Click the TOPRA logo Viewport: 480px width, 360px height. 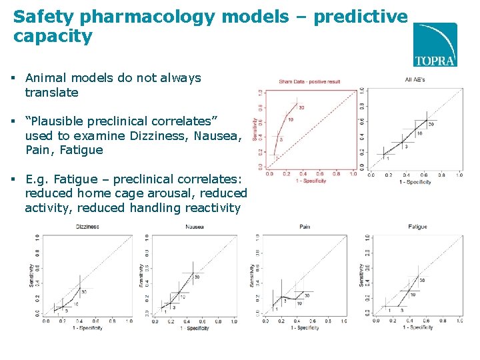(x=435, y=45)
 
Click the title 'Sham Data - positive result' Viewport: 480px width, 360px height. (x=309, y=81)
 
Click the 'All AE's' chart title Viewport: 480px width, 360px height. (x=415, y=80)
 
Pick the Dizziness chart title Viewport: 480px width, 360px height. (x=87, y=227)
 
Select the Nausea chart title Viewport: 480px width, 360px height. (x=195, y=227)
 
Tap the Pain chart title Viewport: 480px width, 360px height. (x=305, y=227)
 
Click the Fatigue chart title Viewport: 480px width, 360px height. (x=417, y=227)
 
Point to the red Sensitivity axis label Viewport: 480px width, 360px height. (x=255, y=128)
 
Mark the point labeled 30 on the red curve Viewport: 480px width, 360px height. (x=297, y=103)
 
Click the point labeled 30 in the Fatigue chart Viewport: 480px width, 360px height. (x=418, y=276)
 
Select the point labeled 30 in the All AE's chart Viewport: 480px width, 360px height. (x=427, y=121)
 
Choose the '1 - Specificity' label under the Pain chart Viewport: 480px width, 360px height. (x=304, y=328)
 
